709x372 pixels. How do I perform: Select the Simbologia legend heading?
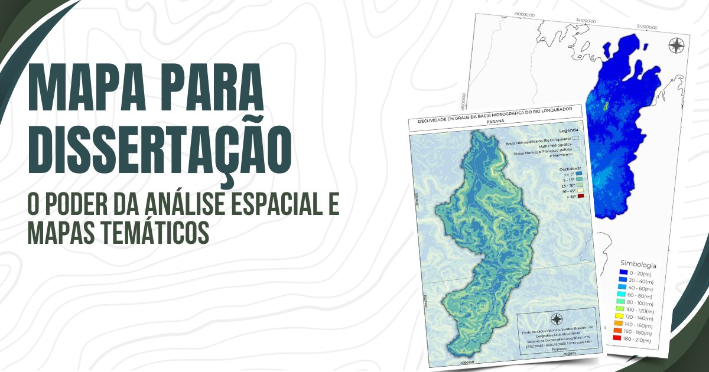pyautogui.click(x=638, y=265)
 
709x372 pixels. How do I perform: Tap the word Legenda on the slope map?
pyautogui.click(x=567, y=130)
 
